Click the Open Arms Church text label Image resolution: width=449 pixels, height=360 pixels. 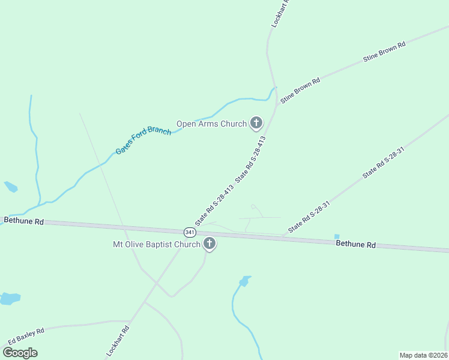coord(211,124)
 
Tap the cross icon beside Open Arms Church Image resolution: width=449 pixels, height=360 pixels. coord(256,124)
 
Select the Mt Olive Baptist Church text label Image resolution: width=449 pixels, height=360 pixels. coord(157,244)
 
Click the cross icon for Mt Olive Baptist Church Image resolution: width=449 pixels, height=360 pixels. coord(209,244)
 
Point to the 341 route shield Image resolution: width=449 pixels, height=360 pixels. coord(190,232)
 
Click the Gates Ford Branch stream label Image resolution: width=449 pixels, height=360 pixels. coord(143,140)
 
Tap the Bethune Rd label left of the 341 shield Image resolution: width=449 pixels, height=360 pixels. coord(24,221)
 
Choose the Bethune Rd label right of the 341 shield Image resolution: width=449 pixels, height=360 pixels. coord(355,244)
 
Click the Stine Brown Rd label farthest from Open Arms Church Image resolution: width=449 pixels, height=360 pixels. coord(384,52)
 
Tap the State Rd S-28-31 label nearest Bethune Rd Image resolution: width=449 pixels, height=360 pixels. coord(309,217)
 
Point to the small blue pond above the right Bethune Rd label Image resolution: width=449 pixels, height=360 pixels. coord(337,237)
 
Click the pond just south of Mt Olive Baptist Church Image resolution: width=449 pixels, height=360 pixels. coord(244,281)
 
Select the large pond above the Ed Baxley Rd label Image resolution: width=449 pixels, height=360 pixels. coord(10,298)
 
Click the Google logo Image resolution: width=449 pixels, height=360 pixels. coord(20,353)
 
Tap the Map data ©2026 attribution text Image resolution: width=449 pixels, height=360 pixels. coord(423,355)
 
